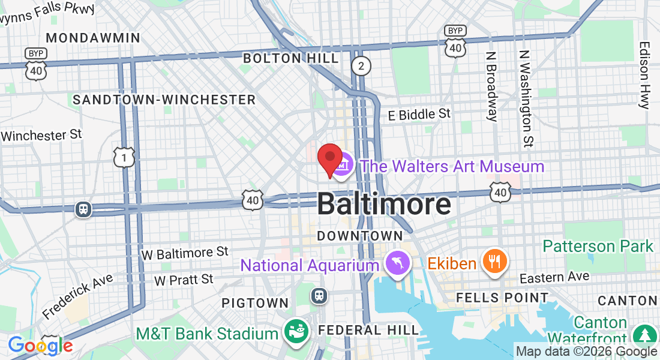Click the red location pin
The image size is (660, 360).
point(329,158)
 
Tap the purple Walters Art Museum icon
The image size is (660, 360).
point(342,167)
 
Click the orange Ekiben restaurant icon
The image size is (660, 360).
point(494,262)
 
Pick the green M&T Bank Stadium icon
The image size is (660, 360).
point(296,332)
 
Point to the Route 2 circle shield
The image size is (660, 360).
point(361,66)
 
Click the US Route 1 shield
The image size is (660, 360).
point(124,158)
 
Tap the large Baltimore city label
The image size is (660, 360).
point(384,204)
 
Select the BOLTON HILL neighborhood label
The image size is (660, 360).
point(290,58)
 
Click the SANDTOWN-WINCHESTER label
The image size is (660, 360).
point(164,100)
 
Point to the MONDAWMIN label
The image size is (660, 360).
point(93,38)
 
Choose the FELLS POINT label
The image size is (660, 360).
point(502,298)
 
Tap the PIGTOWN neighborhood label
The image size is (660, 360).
point(255,303)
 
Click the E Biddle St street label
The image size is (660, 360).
point(419,113)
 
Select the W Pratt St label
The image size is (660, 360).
point(184,280)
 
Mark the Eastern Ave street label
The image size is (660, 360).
point(554,277)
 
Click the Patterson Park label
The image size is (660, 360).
point(598,246)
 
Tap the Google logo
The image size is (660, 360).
point(40,346)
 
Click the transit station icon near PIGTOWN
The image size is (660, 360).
point(319,295)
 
